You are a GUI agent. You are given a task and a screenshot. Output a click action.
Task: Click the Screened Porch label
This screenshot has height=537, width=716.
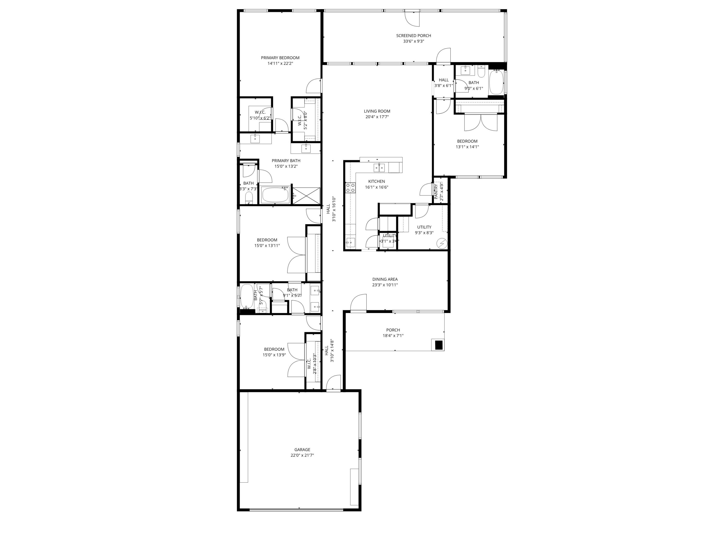pyautogui.click(x=413, y=36)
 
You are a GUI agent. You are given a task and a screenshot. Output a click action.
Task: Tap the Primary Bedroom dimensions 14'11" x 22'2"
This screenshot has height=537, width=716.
pyautogui.click(x=280, y=64)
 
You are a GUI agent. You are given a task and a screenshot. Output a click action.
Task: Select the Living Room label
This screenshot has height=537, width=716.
pyautogui.click(x=377, y=111)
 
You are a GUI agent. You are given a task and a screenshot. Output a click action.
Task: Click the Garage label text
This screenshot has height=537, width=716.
pyautogui.click(x=302, y=450)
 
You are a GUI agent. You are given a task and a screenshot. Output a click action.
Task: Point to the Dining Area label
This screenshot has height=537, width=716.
pyautogui.click(x=384, y=279)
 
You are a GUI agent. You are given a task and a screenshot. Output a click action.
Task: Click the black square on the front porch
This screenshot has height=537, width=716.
pyautogui.click(x=439, y=345)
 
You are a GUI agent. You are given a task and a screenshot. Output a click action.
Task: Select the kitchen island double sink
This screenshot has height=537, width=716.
pyautogui.click(x=379, y=167)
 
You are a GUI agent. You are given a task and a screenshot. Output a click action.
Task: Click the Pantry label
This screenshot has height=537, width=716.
pyautogui.click(x=436, y=191)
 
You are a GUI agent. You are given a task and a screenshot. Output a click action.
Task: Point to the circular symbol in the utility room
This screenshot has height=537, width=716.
pyautogui.click(x=442, y=243)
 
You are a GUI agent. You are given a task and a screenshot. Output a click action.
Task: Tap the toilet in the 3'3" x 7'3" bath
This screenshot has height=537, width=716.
pyautogui.click(x=249, y=197)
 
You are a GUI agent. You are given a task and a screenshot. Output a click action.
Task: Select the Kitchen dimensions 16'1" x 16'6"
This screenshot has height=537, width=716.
pyautogui.click(x=376, y=187)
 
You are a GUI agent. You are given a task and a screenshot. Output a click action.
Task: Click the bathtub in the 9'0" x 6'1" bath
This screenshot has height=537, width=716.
pyautogui.click(x=496, y=82)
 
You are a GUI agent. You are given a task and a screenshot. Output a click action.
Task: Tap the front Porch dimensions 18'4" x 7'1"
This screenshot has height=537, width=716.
pyautogui.click(x=393, y=335)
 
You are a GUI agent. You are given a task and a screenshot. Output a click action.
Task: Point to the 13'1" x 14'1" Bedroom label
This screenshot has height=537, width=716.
pyautogui.click(x=467, y=141)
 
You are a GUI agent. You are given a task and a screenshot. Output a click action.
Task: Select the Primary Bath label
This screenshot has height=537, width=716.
pyautogui.click(x=286, y=161)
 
